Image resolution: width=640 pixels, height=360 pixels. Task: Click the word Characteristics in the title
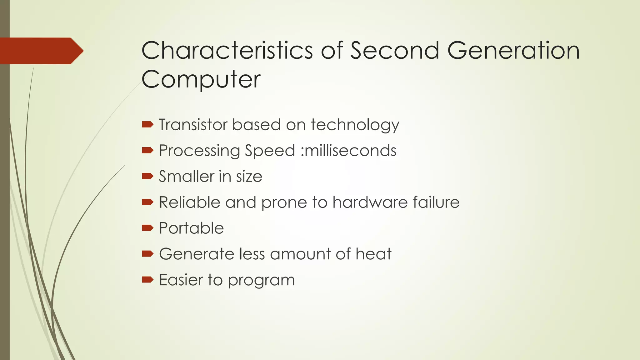pos(227,50)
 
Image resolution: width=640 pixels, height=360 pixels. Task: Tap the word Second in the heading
pos(395,50)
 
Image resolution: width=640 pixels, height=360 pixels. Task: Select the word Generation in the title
pos(513,50)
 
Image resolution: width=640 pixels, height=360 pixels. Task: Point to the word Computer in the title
pos(201,79)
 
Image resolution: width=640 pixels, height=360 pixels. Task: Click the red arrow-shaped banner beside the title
pos(42,51)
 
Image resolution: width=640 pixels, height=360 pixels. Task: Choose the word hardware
pos(370,202)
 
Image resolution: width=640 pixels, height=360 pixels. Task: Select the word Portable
pos(191,228)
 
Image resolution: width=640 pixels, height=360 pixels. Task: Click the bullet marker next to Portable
pos(147,228)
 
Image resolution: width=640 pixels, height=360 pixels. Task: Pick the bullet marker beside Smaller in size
pos(147,176)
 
